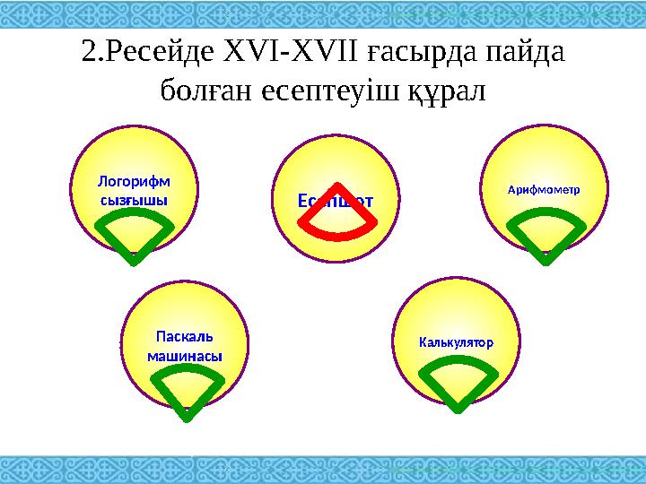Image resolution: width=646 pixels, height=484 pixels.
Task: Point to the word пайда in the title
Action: (524, 53)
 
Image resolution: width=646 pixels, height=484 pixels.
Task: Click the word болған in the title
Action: (204, 91)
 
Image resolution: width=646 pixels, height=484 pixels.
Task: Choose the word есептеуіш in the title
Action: (327, 91)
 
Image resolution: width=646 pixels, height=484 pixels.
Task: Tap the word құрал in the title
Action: (442, 91)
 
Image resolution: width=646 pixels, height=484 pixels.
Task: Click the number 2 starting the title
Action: (89, 53)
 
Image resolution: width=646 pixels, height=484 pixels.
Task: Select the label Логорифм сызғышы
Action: (134, 190)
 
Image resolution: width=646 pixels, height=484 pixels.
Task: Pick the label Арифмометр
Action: (544, 190)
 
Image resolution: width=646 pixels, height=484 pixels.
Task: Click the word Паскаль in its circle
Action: (185, 338)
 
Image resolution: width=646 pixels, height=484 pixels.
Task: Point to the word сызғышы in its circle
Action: (134, 199)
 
